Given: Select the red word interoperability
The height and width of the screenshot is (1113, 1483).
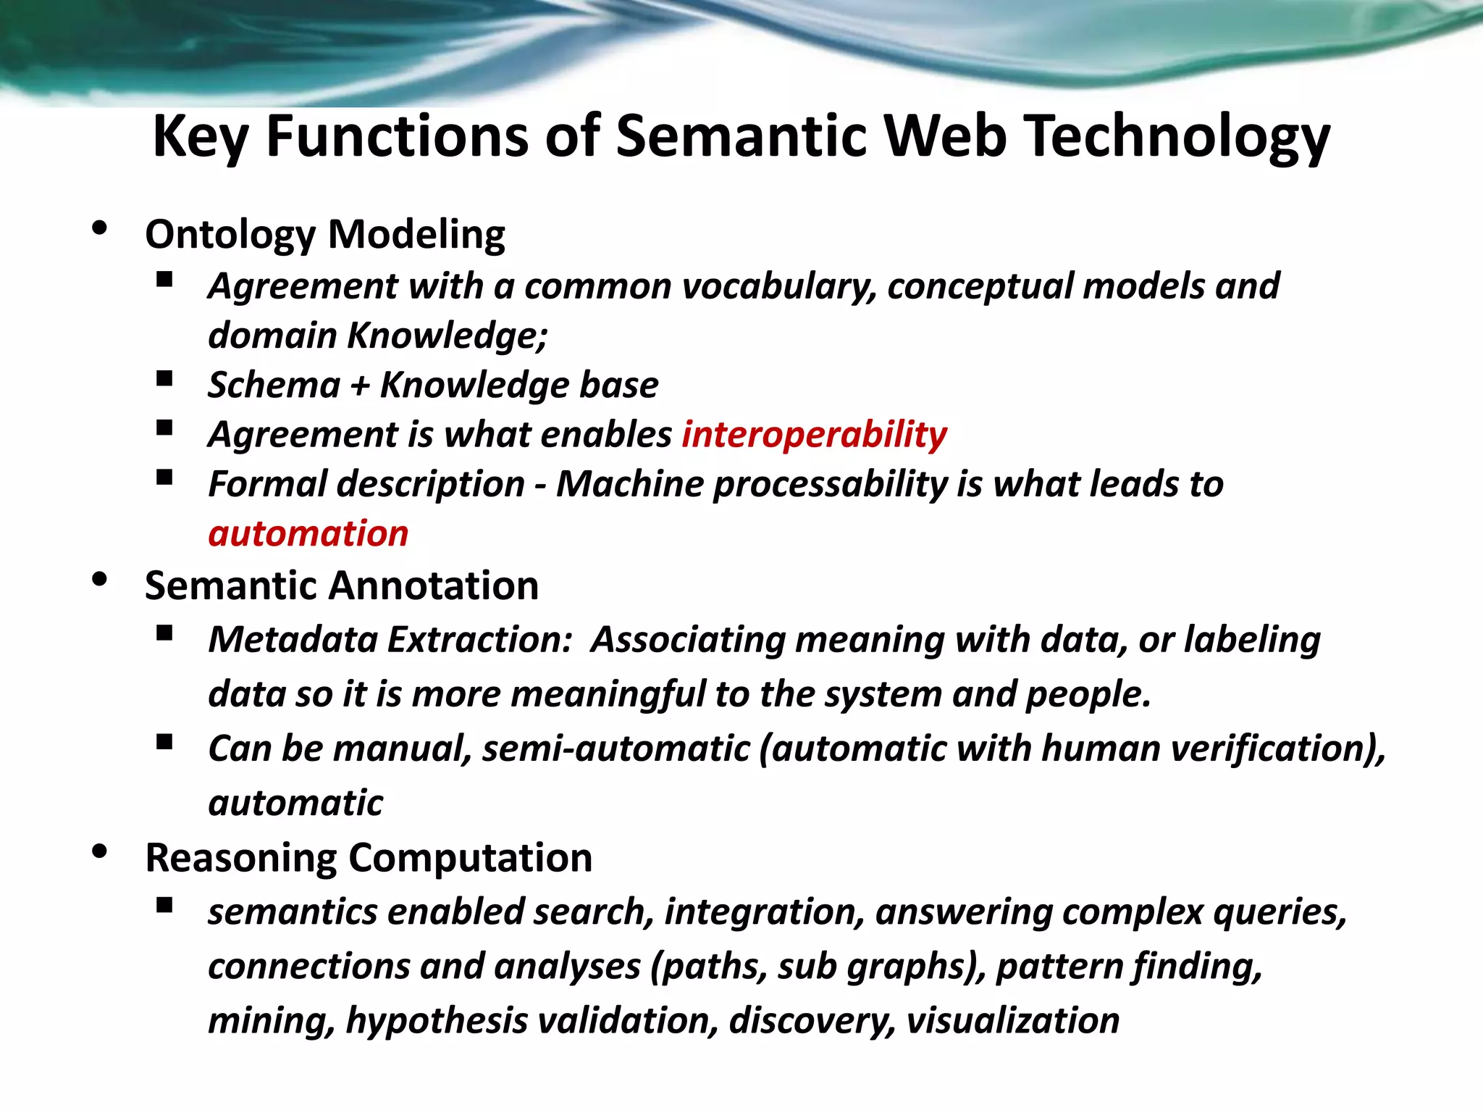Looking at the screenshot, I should pyautogui.click(x=814, y=435).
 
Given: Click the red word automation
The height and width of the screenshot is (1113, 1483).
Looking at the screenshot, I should pyautogui.click(x=308, y=534).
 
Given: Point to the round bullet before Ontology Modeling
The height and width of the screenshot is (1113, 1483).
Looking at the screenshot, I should pyautogui.click(x=100, y=229).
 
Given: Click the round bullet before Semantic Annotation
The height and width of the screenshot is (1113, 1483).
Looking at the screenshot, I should pyautogui.click(x=100, y=580).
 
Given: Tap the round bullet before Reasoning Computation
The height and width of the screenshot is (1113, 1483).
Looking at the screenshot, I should pyautogui.click(x=100, y=852).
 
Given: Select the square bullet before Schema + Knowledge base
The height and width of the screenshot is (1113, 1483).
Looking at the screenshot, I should pyautogui.click(x=164, y=378).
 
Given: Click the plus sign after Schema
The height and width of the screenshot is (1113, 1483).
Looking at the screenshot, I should pyautogui.click(x=360, y=385).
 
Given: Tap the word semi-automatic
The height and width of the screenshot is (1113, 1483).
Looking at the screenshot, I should pyautogui.click(x=616, y=749).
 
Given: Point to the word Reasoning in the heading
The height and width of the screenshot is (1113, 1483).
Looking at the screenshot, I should pyautogui.click(x=240, y=859).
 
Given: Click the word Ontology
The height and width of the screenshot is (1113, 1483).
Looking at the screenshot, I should pyautogui.click(x=230, y=235).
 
